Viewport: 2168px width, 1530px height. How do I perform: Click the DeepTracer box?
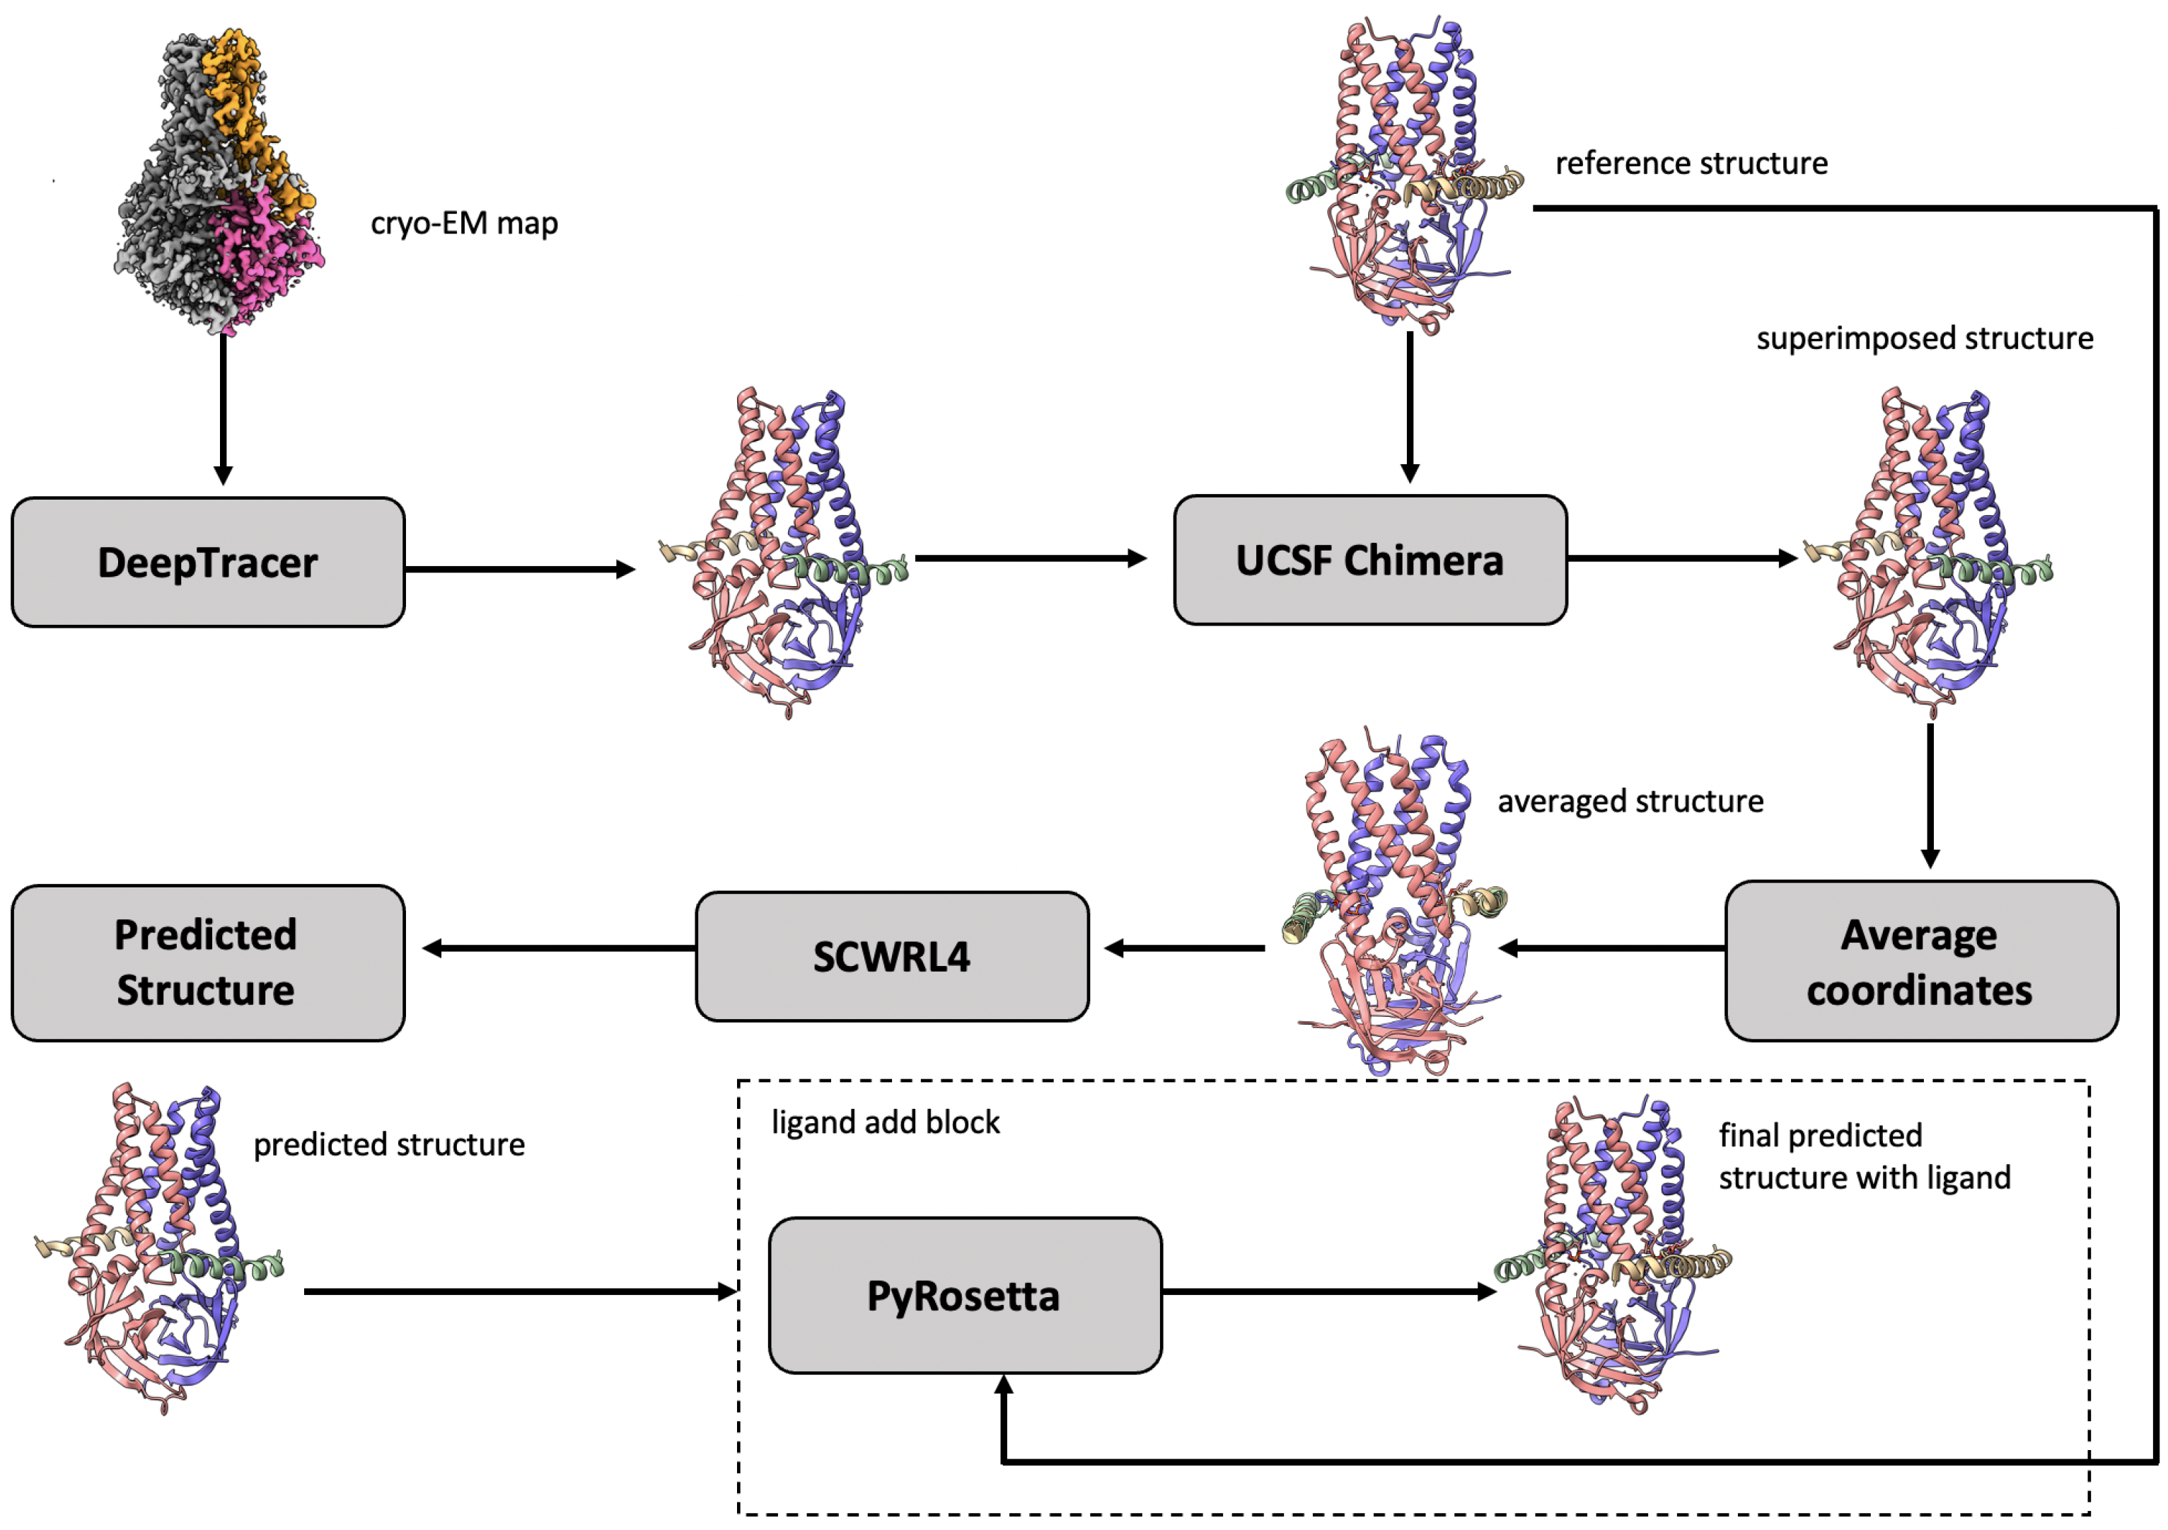click(208, 563)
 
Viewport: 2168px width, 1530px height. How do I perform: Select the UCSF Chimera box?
click(1370, 560)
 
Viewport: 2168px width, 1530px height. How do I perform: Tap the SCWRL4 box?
click(891, 957)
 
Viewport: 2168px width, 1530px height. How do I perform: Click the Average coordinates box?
click(1920, 962)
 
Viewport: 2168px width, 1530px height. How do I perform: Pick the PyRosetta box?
click(964, 1296)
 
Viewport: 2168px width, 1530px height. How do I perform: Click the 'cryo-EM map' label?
click(463, 224)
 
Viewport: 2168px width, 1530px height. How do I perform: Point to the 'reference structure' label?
click(1691, 163)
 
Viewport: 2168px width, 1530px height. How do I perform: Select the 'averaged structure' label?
click(1630, 801)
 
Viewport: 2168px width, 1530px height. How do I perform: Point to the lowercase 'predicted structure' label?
click(388, 1144)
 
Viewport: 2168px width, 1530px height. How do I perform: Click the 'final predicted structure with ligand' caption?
click(1864, 1156)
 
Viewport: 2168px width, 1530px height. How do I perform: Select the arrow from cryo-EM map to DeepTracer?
click(223, 406)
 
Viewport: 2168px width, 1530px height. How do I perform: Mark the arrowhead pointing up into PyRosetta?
click(1004, 1384)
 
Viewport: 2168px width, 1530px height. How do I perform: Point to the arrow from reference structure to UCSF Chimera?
click(1410, 406)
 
